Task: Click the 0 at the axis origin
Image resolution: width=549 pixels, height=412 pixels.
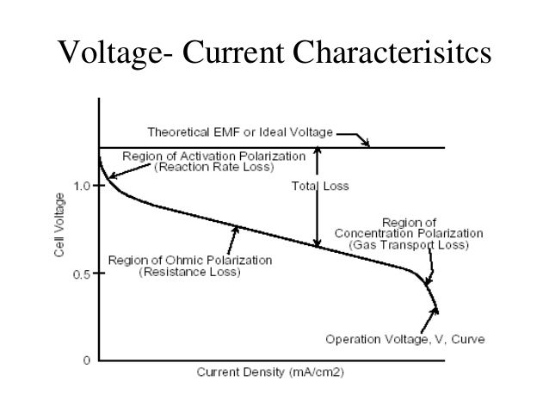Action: point(86,360)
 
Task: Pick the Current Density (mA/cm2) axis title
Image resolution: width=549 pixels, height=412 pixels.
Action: point(270,374)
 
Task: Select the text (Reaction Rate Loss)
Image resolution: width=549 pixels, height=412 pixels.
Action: point(213,167)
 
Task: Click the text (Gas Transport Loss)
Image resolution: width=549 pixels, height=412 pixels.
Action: point(408,245)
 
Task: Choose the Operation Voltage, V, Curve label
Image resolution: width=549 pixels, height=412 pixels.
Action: point(404,339)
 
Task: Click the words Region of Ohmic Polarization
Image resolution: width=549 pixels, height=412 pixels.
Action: point(189,260)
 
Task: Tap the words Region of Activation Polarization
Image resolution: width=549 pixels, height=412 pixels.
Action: point(213,156)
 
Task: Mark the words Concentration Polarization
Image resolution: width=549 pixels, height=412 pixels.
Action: point(409,233)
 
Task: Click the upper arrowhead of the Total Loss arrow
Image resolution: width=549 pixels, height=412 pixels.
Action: point(318,151)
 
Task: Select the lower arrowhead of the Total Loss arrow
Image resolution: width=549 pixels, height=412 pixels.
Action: point(318,243)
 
